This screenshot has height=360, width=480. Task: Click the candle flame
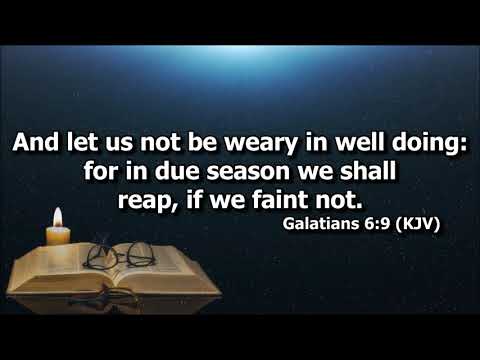click(57, 216)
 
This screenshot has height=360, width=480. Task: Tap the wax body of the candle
click(58, 237)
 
